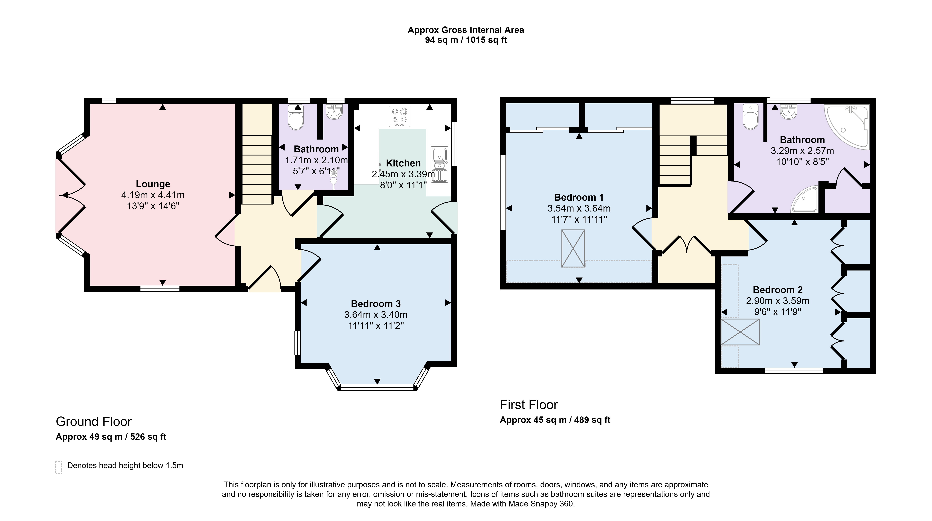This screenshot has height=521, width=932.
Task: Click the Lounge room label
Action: [153, 184]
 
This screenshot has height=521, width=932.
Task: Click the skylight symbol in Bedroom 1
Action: [573, 248]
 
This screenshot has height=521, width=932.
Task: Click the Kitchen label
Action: [403, 163]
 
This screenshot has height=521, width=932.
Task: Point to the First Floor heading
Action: [529, 405]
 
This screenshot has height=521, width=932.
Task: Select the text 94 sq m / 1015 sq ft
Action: [466, 40]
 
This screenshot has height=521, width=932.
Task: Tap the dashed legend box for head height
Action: [59, 467]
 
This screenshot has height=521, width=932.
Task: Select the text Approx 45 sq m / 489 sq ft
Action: [555, 420]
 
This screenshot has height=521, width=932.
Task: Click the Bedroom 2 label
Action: [778, 290]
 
